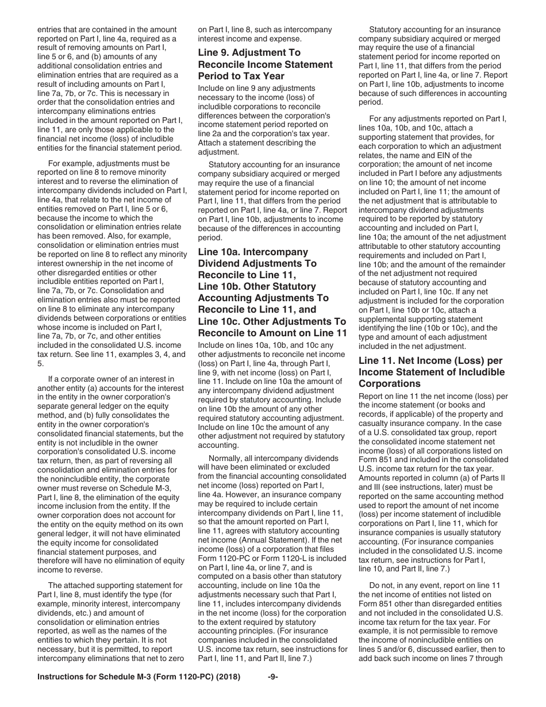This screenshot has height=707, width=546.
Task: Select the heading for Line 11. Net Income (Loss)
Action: pyautogui.click(x=431, y=372)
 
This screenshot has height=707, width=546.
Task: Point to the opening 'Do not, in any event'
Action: pyautogui.click(x=408, y=585)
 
